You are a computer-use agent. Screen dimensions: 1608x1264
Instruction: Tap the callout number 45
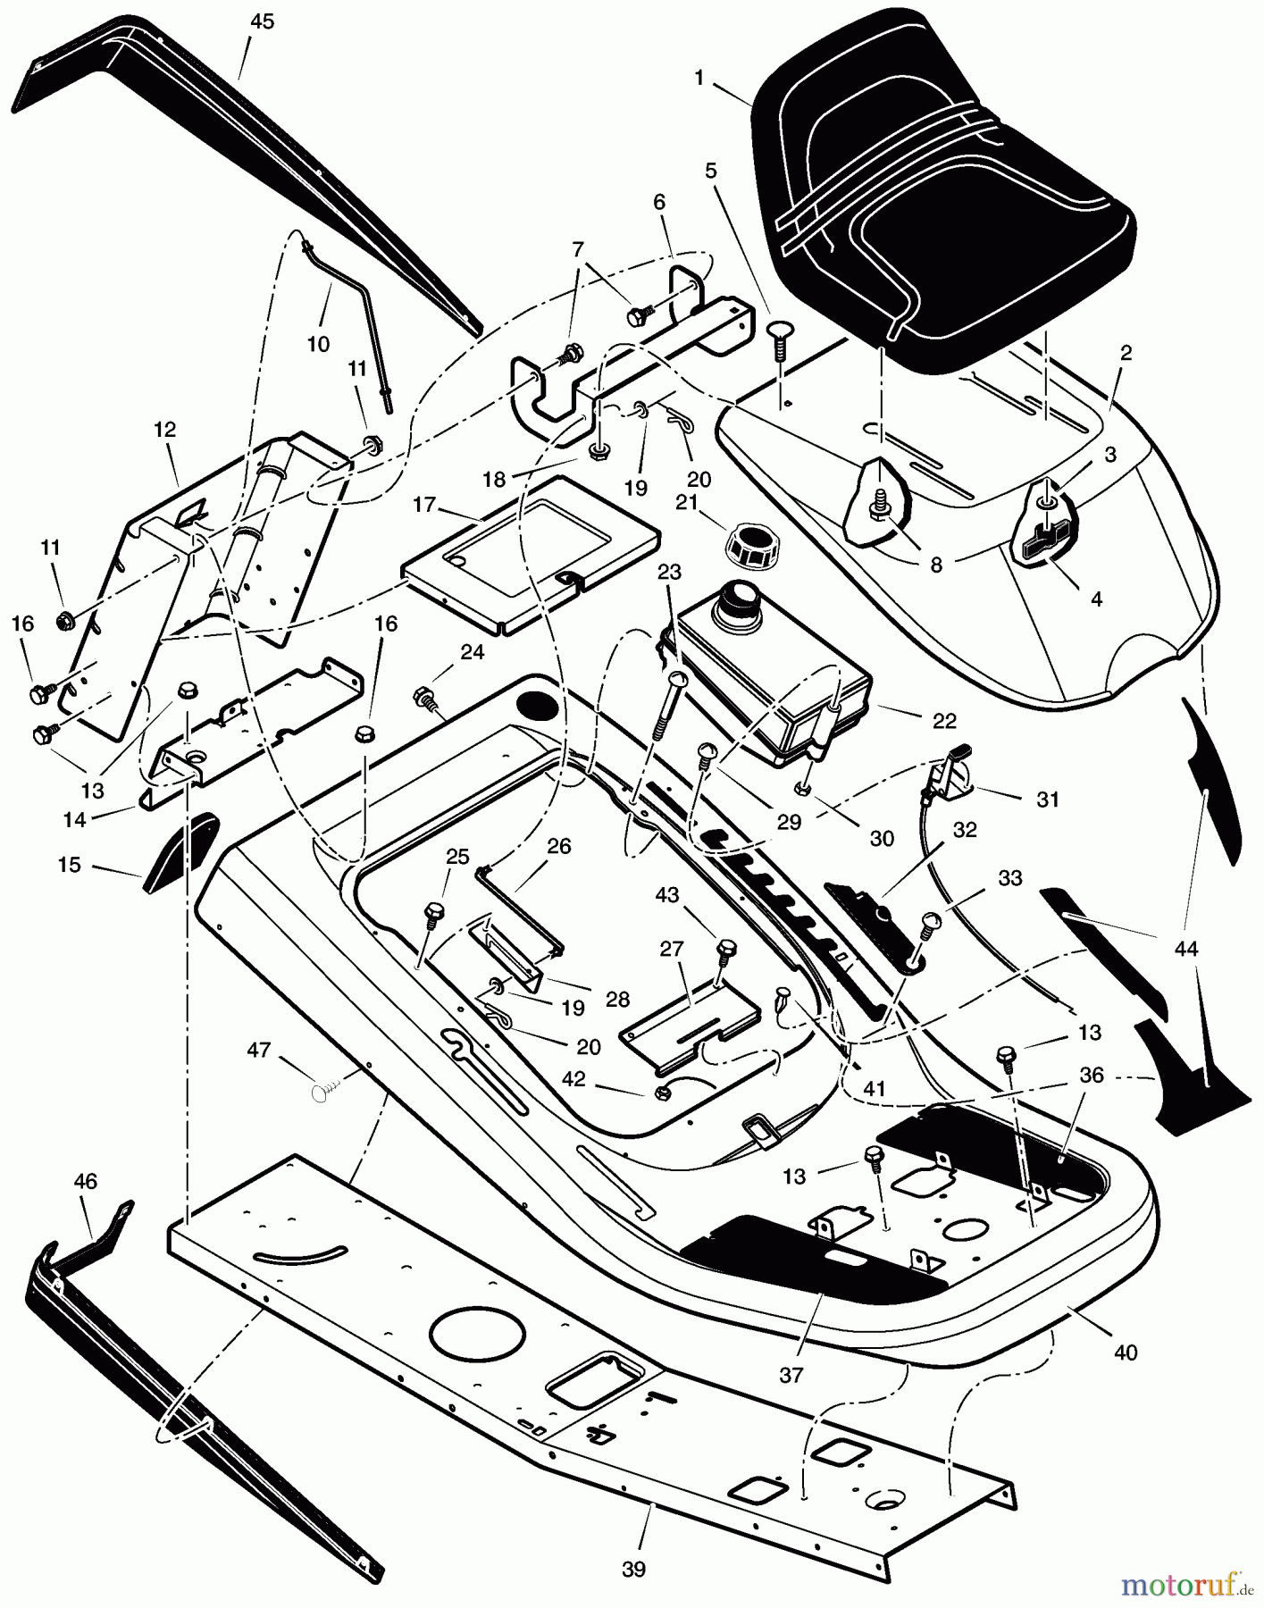coord(262,22)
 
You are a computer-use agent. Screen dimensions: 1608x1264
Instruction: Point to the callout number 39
coord(632,1569)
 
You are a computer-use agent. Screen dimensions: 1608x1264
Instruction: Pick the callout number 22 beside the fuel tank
coord(944,720)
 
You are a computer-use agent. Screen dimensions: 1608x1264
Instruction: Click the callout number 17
coord(424,505)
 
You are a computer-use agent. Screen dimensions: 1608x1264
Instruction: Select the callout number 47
coord(259,1051)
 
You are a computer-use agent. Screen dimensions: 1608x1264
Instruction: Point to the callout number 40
coord(1126,1353)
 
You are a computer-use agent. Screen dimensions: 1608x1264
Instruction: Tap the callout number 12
coord(165,430)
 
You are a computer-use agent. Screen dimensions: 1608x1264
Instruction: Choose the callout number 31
coord(1047,799)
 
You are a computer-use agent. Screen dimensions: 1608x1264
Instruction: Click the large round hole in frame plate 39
coord(477,1337)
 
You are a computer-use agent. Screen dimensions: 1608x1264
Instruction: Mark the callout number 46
coord(85,1181)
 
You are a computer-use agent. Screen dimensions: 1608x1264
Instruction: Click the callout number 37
coord(791,1375)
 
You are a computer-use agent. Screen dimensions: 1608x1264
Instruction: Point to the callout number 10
coord(318,343)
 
